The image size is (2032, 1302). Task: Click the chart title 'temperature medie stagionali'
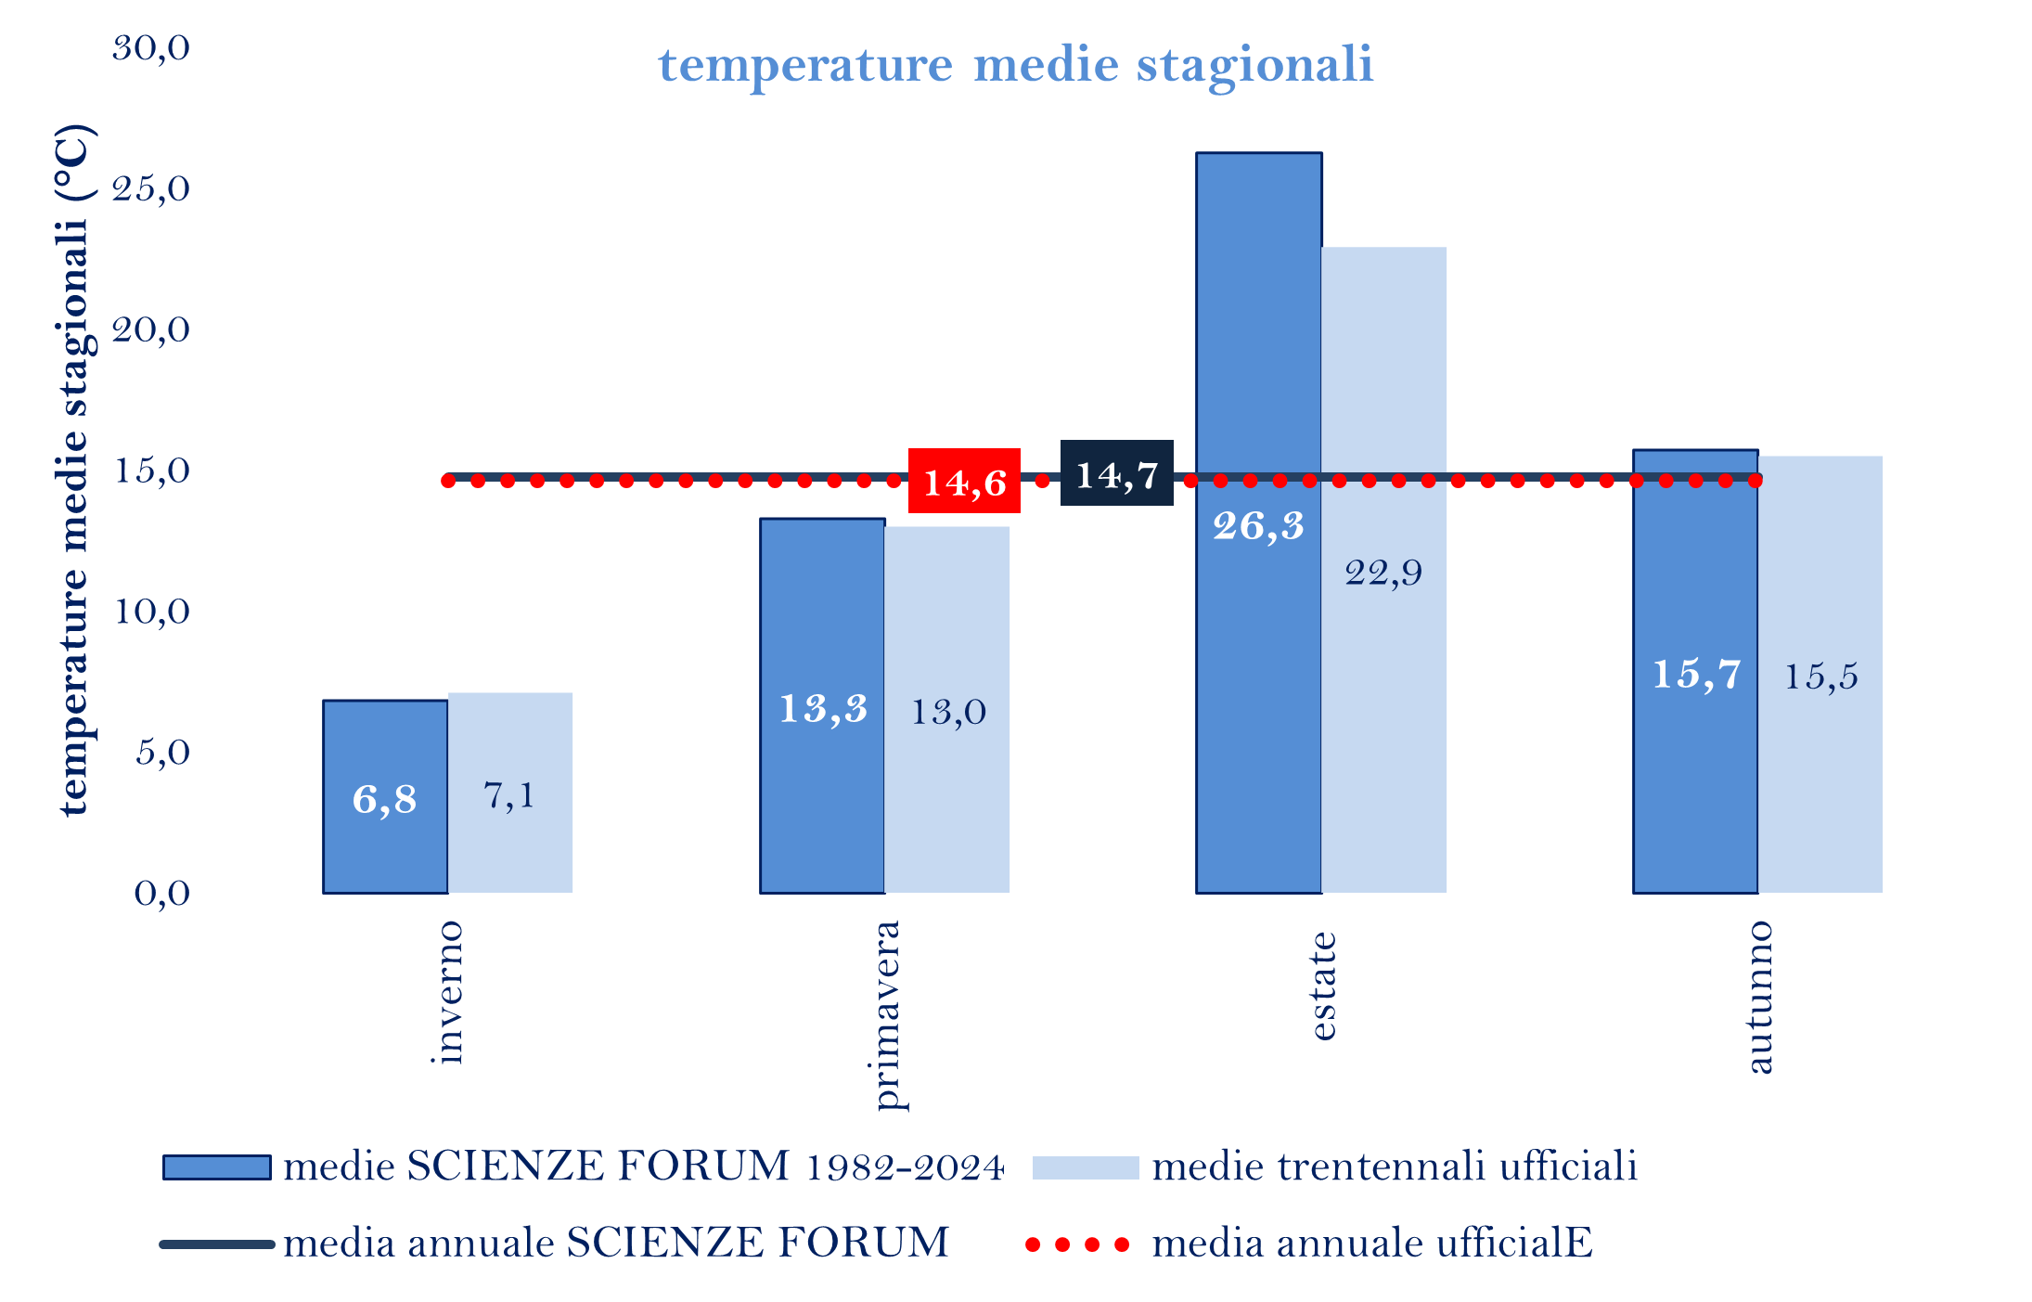click(x=1015, y=65)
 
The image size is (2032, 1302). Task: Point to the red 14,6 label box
click(x=964, y=482)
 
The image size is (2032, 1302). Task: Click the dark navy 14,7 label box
click(x=1116, y=473)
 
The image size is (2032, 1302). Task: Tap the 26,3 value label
click(x=1258, y=526)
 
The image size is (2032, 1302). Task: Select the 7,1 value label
click(x=509, y=796)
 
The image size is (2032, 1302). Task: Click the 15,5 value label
click(x=1820, y=677)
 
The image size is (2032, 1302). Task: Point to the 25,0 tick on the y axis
click(x=151, y=189)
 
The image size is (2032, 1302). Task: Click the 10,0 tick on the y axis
click(x=151, y=612)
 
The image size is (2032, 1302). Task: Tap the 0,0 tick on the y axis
click(x=161, y=893)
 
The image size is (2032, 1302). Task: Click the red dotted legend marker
click(x=1076, y=1244)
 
